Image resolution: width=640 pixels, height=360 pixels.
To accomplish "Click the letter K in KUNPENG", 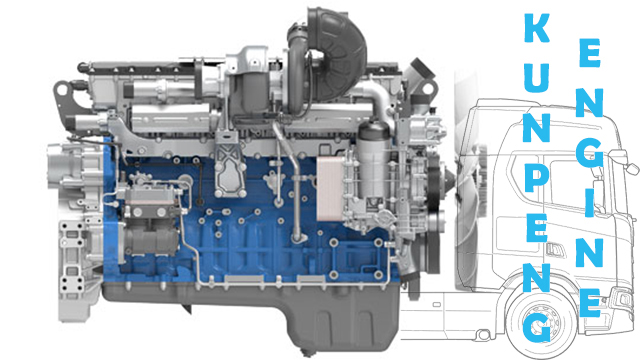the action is click(537, 28).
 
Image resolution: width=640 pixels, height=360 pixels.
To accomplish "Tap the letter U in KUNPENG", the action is click(537, 78).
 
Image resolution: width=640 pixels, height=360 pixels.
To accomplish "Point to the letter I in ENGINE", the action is click(589, 203).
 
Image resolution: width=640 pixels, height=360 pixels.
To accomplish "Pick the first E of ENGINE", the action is click(590, 53).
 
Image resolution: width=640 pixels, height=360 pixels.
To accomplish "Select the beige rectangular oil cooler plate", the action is click(330, 189).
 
